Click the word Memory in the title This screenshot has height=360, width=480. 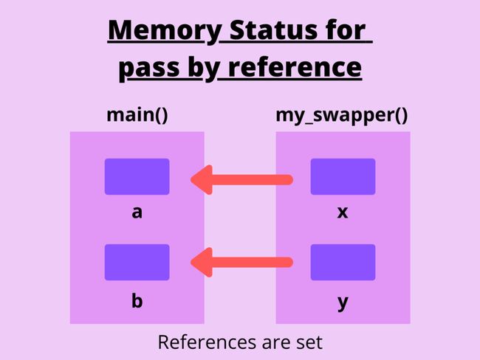[165, 31]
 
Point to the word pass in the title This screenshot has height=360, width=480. [149, 69]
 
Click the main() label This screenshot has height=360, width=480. [137, 115]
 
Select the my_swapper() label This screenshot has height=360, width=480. [342, 116]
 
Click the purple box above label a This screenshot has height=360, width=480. [137, 176]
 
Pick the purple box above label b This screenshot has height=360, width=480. [137, 262]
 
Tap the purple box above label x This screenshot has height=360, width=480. [343, 176]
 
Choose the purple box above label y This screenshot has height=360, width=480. [343, 262]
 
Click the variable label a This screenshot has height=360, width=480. [137, 212]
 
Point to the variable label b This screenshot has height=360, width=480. [137, 300]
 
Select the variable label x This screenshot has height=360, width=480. [343, 212]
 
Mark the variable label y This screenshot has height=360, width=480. [343, 302]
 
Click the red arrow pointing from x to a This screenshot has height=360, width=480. [241, 180]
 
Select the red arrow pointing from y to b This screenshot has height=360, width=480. [241, 262]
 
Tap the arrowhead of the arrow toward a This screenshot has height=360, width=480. [202, 180]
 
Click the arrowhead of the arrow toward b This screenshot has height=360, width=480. [202, 262]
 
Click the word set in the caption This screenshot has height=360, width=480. [309, 342]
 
